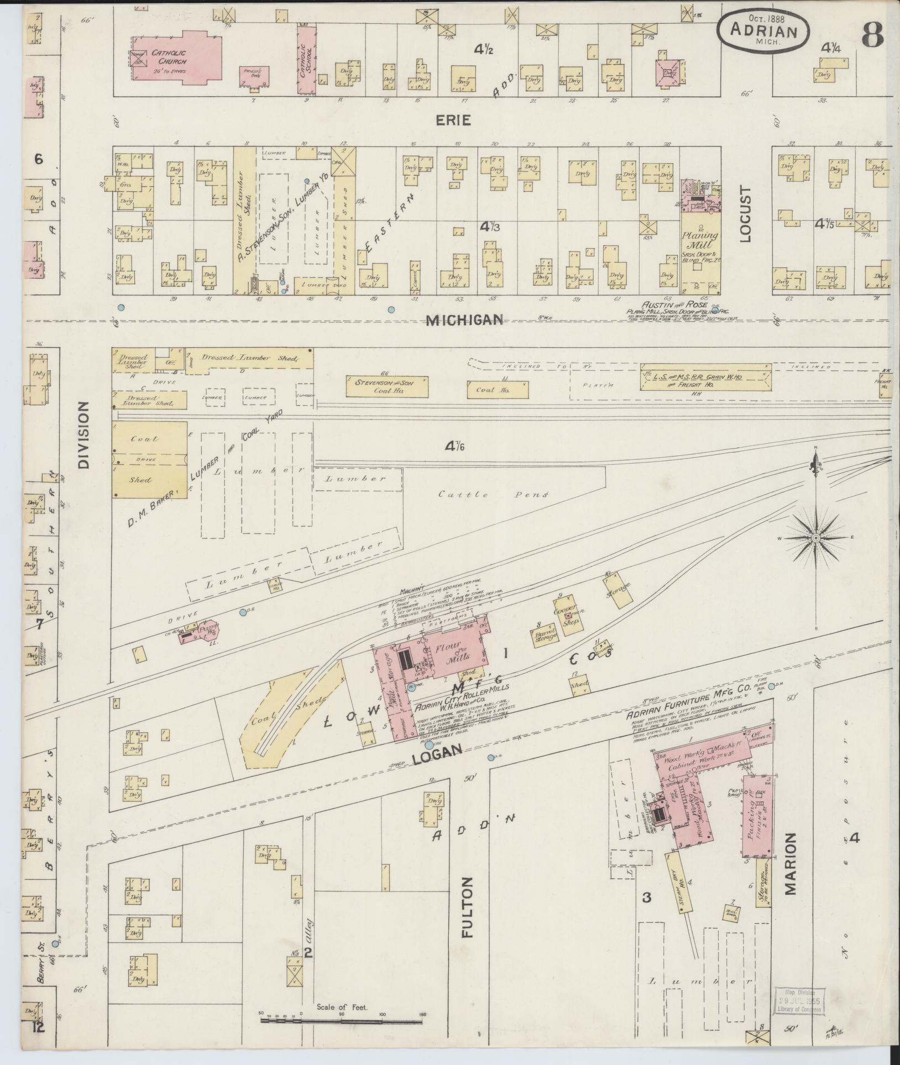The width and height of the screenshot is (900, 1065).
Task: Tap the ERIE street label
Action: pyautogui.click(x=456, y=120)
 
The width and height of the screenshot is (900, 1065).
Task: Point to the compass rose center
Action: pyautogui.click(x=815, y=537)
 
